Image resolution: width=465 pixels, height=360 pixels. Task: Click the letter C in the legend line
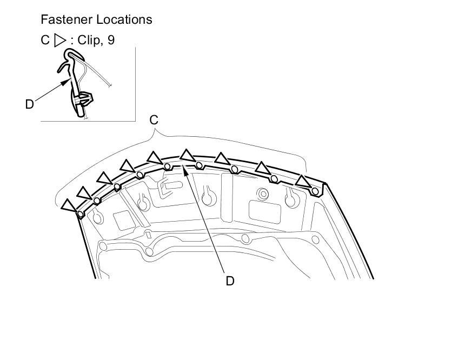45,41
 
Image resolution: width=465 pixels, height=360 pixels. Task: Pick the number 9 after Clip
111,41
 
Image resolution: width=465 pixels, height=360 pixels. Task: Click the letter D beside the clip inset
30,104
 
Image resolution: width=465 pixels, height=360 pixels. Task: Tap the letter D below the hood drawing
230,281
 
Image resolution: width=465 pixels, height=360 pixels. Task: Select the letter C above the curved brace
154,120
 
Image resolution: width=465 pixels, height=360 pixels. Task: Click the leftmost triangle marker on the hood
69,205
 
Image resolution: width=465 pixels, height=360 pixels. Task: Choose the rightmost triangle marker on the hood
303,181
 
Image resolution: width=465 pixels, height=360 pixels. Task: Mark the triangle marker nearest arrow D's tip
187,156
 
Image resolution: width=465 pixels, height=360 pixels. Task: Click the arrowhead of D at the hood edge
184,169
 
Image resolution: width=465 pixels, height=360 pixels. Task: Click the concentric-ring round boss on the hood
263,193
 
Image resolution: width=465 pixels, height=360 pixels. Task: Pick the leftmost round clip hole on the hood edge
81,214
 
